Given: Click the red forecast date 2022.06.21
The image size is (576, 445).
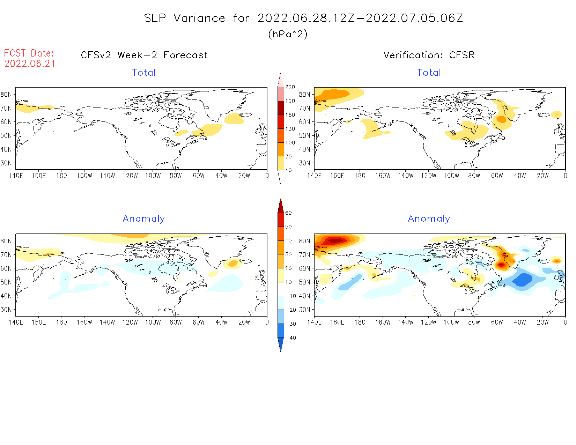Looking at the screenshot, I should click(30, 64).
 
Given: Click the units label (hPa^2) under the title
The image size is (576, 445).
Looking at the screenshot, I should click(288, 34).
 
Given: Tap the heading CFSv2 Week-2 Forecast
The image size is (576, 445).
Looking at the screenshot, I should click(144, 55).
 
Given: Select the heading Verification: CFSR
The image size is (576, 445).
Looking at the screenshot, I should click(429, 55).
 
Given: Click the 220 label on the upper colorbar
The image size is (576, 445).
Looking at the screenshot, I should click(290, 87).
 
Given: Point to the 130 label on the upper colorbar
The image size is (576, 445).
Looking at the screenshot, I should click(290, 129).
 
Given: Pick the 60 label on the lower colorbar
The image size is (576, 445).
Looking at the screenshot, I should click(288, 213).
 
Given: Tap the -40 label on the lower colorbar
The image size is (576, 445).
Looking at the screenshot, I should click(290, 338).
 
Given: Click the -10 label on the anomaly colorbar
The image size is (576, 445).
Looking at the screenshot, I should click(290, 296).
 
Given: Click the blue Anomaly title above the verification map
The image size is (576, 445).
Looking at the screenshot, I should click(429, 219).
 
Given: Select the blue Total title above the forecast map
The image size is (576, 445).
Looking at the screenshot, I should click(144, 73).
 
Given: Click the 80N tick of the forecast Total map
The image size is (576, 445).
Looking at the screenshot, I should click(6, 95).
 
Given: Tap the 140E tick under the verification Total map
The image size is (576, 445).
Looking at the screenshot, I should click(314, 176).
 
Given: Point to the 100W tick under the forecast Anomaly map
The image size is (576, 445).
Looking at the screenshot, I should click(153, 322).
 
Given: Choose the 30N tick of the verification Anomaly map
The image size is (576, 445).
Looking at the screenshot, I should click(304, 310).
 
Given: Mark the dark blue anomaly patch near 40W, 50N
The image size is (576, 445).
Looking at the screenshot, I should click(522, 280).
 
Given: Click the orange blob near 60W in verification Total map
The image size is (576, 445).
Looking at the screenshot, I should click(501, 119).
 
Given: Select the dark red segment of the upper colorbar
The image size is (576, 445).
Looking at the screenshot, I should click(281, 108).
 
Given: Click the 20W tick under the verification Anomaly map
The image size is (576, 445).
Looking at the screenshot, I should click(542, 322).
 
